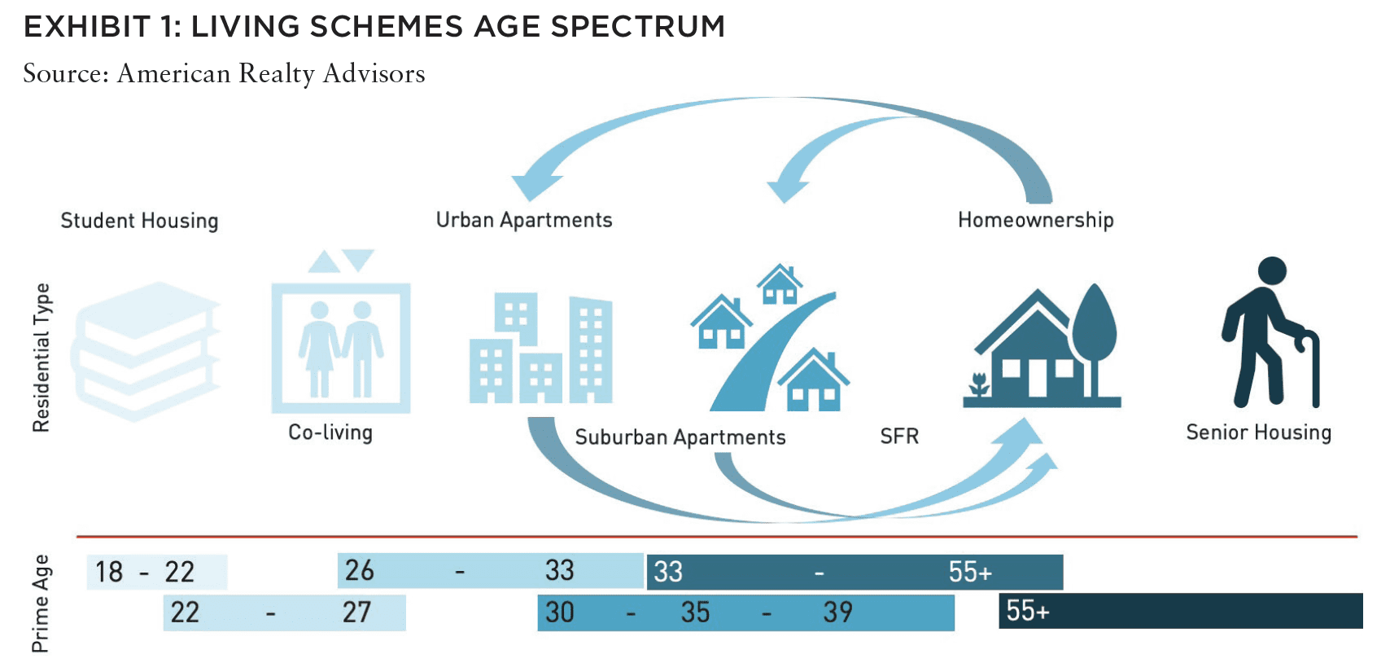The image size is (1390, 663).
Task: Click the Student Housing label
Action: (x=140, y=221)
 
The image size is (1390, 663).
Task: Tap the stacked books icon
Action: (x=146, y=351)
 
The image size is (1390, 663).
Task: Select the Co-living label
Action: (x=330, y=432)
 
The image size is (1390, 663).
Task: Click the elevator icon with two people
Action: (x=341, y=331)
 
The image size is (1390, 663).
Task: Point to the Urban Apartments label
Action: (x=524, y=221)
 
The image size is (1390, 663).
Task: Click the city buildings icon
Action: (x=541, y=348)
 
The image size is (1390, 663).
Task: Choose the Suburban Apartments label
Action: (x=680, y=437)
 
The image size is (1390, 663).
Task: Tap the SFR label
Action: (x=899, y=437)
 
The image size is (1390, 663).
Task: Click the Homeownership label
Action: (x=1036, y=221)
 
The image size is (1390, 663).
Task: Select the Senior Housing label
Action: (x=1259, y=432)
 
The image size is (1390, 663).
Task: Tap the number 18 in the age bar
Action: (x=109, y=572)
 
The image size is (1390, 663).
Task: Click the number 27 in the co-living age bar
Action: (x=356, y=613)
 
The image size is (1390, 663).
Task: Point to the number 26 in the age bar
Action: (x=360, y=570)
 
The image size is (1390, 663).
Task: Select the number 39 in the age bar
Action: (x=837, y=613)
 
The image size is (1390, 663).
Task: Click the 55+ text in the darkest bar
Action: (x=1028, y=611)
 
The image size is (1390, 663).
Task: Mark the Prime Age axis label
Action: (x=41, y=604)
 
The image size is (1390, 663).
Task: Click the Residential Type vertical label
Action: (x=41, y=358)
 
